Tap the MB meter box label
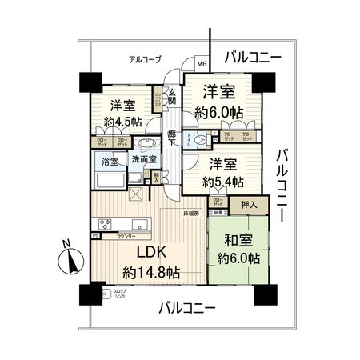[202, 64]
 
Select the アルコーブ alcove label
[146, 59]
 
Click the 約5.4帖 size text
[222, 182]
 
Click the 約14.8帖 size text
[149, 271]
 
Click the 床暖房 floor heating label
[190, 214]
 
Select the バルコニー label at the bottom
[186, 307]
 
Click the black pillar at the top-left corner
[89, 82]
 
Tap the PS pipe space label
[94, 237]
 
